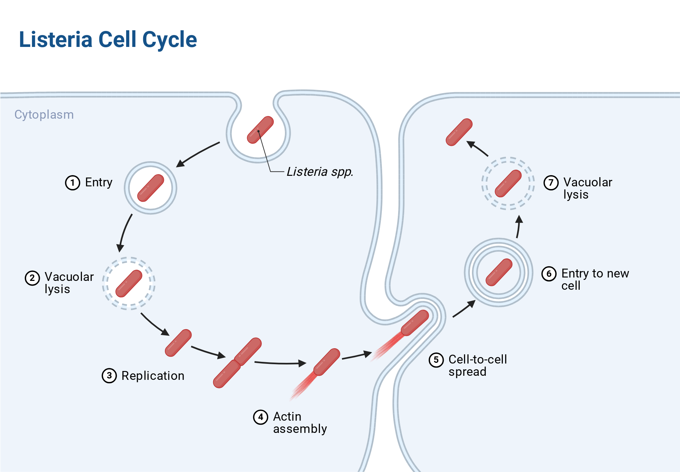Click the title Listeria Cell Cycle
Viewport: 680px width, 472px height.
tap(108, 40)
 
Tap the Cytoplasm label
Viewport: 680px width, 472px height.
tap(44, 115)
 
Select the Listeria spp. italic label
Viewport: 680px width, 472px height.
tap(320, 172)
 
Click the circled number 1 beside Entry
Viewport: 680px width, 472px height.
tap(72, 183)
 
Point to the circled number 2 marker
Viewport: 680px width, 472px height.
tap(32, 278)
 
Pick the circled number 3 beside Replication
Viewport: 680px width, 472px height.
tap(109, 375)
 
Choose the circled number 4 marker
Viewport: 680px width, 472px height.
tap(261, 417)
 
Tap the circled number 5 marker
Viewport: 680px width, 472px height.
tap(436, 360)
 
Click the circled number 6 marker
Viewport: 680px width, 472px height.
tap(549, 274)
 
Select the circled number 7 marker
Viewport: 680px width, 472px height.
tap(551, 183)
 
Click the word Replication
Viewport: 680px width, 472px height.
tap(153, 376)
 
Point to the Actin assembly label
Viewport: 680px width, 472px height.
tap(300, 423)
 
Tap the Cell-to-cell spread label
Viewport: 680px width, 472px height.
tap(478, 366)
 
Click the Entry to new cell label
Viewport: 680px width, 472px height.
tap(595, 280)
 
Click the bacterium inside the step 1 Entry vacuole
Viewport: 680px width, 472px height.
tap(151, 188)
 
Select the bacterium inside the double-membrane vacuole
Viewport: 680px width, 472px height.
tap(499, 272)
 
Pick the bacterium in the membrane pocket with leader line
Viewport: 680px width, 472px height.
tap(260, 130)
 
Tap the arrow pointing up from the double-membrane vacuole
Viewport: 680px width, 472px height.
tap(518, 226)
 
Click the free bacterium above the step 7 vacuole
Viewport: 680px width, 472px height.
tap(459, 132)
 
